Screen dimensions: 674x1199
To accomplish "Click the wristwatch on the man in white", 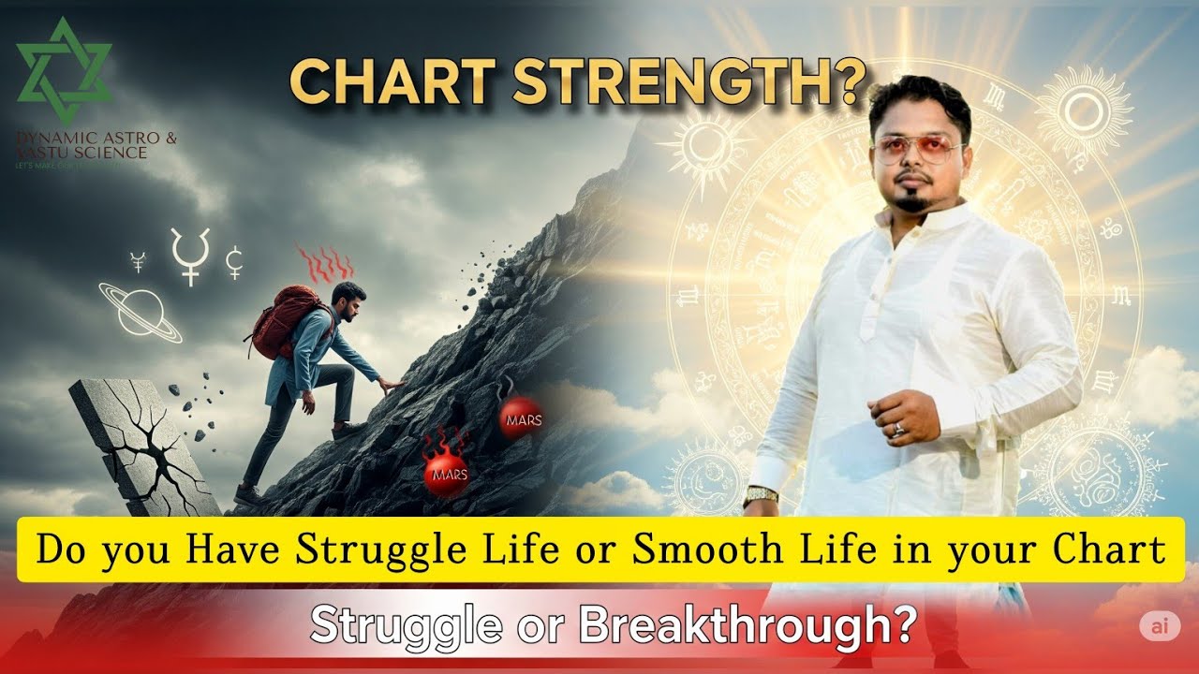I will pos(762,495).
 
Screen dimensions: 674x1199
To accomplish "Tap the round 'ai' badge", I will pos(1159,625).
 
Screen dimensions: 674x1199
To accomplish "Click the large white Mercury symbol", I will pos(190,255).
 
